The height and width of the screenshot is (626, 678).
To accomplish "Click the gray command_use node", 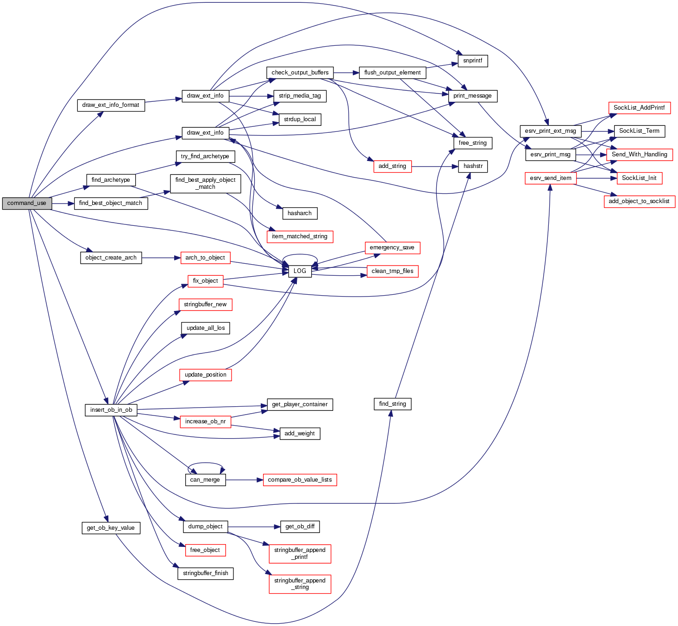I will pyautogui.click(x=27, y=203).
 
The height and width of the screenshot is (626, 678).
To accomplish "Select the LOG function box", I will pyautogui.click(x=300, y=271).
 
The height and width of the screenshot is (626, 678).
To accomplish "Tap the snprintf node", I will pyautogui.click(x=473, y=61).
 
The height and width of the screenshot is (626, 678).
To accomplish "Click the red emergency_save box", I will pyautogui.click(x=392, y=248).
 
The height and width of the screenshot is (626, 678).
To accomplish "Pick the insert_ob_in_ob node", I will pyautogui.click(x=111, y=410).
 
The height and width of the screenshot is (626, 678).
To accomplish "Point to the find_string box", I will pyautogui.click(x=392, y=404).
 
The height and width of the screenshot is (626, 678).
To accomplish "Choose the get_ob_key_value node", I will pyautogui.click(x=111, y=528).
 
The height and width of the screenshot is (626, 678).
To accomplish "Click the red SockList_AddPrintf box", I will pyautogui.click(x=639, y=108).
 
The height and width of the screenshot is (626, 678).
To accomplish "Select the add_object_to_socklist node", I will pyautogui.click(x=639, y=201).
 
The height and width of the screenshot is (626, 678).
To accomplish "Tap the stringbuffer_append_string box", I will pyautogui.click(x=300, y=584).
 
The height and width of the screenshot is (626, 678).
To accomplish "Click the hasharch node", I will pyautogui.click(x=300, y=213).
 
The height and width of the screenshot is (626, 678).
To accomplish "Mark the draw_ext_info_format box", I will pyautogui.click(x=111, y=105).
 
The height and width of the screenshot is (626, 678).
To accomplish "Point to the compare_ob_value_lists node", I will pyautogui.click(x=300, y=480).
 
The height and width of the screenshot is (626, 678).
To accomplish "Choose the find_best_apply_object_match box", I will pyautogui.click(x=205, y=184).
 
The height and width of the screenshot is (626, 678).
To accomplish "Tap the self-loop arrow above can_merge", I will pyautogui.click(x=205, y=463).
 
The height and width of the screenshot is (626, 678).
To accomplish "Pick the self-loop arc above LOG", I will pyautogui.click(x=300, y=255).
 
